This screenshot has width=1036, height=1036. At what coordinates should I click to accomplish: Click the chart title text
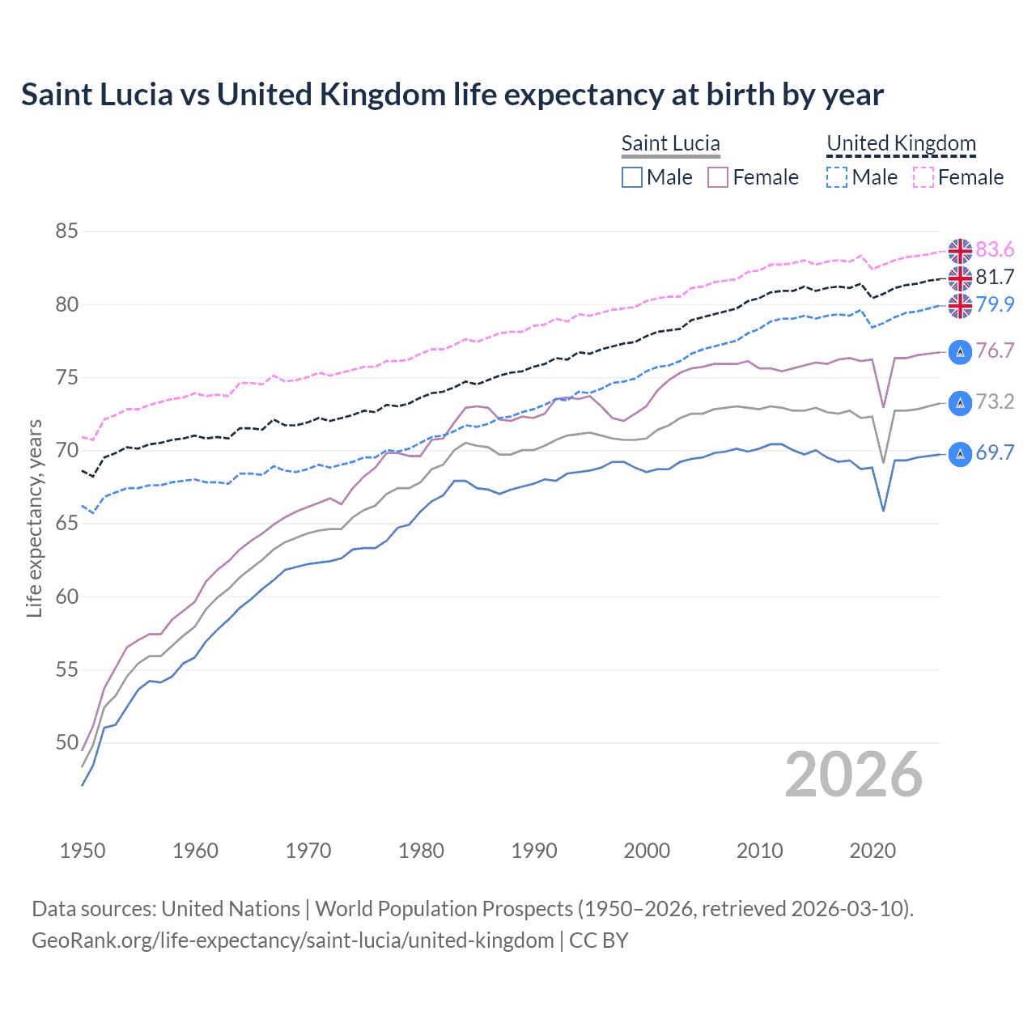pos(452,95)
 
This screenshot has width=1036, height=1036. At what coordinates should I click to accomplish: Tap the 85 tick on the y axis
pos(66,231)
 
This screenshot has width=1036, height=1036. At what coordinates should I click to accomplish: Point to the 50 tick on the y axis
pos(66,743)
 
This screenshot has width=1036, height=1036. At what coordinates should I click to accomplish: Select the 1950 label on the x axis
pos(83,851)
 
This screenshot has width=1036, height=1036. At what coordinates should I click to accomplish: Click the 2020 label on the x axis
pos(873,851)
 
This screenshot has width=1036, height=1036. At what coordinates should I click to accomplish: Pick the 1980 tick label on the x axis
pos(421,851)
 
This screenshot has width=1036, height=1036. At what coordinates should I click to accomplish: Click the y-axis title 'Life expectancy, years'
pos(35,518)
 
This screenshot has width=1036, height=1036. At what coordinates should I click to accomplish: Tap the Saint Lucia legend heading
pos(670,143)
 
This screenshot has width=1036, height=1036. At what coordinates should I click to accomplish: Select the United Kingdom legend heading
pos(901,143)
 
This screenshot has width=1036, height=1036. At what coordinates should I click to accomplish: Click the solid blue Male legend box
pos(632,177)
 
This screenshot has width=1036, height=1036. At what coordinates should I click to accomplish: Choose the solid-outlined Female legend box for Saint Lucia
pos(718,177)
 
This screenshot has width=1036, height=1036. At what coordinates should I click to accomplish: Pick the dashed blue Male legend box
pos(837,177)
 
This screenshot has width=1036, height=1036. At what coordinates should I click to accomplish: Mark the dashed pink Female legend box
pos(923,177)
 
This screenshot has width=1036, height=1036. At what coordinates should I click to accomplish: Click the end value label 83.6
pos(995,249)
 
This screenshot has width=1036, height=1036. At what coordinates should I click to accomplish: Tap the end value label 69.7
pos(995,453)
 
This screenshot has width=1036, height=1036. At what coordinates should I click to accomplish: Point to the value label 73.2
pos(995,402)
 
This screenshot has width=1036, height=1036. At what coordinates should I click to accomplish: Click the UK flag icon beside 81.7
pos(960,278)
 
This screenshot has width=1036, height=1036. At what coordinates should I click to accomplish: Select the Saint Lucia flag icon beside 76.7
pos(960,352)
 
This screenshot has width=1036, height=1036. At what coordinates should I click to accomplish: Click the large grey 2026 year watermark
pos(854,775)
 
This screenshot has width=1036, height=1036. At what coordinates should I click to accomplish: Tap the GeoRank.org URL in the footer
pos(292,940)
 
